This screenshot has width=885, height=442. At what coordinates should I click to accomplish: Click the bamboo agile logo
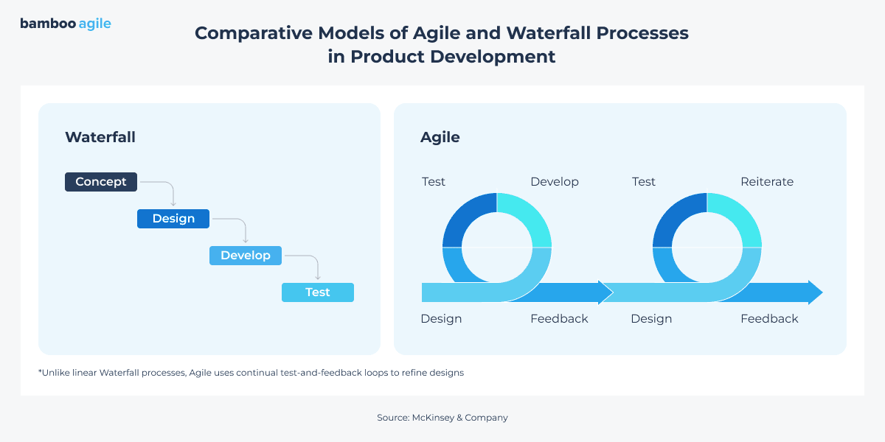click(x=66, y=24)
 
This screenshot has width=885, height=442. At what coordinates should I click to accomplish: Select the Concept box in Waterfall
click(x=101, y=182)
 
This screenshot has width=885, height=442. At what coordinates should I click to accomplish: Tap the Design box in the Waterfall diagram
click(x=173, y=219)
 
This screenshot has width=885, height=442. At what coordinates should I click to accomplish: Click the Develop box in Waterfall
click(x=246, y=256)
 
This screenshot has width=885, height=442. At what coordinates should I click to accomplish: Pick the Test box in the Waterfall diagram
click(x=318, y=292)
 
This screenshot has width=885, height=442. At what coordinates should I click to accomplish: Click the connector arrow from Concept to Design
click(x=166, y=189)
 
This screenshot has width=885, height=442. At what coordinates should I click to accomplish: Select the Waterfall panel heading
click(x=100, y=137)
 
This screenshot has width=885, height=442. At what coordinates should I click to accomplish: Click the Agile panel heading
click(x=440, y=137)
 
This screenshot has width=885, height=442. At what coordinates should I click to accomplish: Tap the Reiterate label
click(x=767, y=182)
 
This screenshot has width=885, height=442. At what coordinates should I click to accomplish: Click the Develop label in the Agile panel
click(x=555, y=182)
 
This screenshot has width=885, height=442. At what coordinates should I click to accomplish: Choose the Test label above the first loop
click(x=434, y=182)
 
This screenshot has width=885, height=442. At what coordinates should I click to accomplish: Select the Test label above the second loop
click(x=644, y=182)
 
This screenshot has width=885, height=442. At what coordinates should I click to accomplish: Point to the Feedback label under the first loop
click(x=559, y=319)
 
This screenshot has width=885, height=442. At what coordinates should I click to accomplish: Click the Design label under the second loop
click(x=651, y=319)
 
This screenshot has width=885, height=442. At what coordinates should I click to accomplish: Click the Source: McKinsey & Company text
click(x=442, y=418)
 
